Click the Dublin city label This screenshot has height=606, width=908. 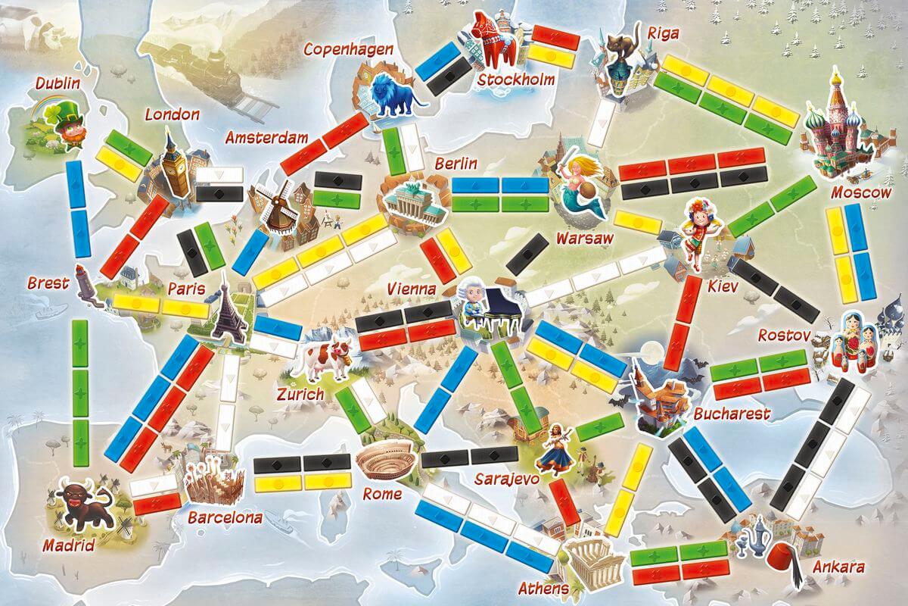point(58,83)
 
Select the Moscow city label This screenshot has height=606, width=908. point(860,192)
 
